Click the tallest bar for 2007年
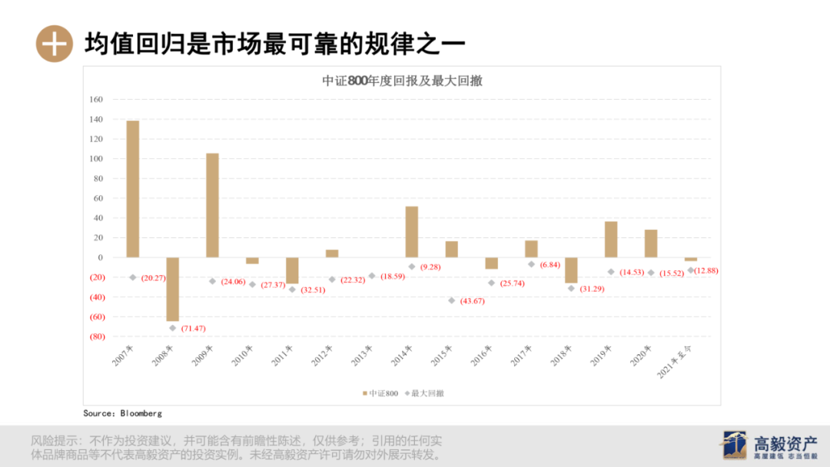(x=133, y=189)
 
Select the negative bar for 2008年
(x=172, y=289)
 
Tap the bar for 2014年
(x=412, y=231)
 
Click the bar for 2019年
(x=611, y=239)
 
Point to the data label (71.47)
(x=193, y=329)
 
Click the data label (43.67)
(x=472, y=301)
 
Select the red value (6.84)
(x=549, y=265)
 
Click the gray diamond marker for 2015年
(x=452, y=300)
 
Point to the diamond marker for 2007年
(x=133, y=277)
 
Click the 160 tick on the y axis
(x=96, y=100)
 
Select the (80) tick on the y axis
(x=96, y=336)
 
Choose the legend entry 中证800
(x=380, y=393)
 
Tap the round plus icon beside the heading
(x=54, y=43)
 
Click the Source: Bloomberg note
(x=123, y=413)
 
